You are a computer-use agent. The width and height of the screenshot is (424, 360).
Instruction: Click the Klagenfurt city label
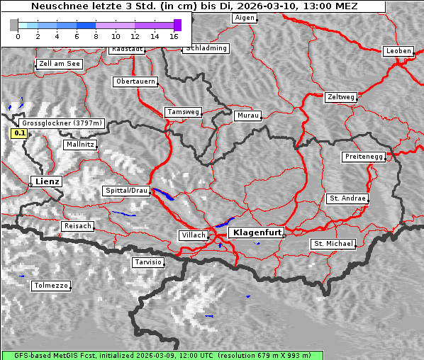pos(258,232)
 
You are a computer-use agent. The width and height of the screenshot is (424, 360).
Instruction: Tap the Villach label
pos(193,235)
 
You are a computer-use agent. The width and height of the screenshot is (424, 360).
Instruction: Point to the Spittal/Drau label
pos(127,191)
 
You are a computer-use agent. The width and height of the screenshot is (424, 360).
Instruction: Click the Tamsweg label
pos(184,112)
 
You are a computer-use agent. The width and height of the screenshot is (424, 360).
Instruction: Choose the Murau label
pos(248,115)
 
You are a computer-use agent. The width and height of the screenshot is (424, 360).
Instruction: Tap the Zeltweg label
pos(340,96)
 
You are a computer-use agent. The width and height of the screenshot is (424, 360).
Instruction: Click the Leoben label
pos(398,51)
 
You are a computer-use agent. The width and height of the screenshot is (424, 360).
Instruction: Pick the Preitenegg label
pos(364,156)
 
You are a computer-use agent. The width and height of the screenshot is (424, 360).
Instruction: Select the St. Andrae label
pos(347,198)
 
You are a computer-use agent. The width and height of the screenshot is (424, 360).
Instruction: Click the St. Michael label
pos(333,244)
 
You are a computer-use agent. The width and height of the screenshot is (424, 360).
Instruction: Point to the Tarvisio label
pos(148,262)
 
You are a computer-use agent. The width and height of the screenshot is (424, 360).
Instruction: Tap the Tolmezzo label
pos(51,286)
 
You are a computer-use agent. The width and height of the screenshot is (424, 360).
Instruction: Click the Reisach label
pos(77,226)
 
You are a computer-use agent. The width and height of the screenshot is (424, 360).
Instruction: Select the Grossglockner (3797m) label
pos(62,123)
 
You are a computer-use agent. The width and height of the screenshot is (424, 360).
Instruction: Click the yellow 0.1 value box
pos(20,133)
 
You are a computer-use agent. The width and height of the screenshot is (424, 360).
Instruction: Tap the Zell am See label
pos(59,64)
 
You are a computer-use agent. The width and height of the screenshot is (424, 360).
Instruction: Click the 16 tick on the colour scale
pos(174,35)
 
